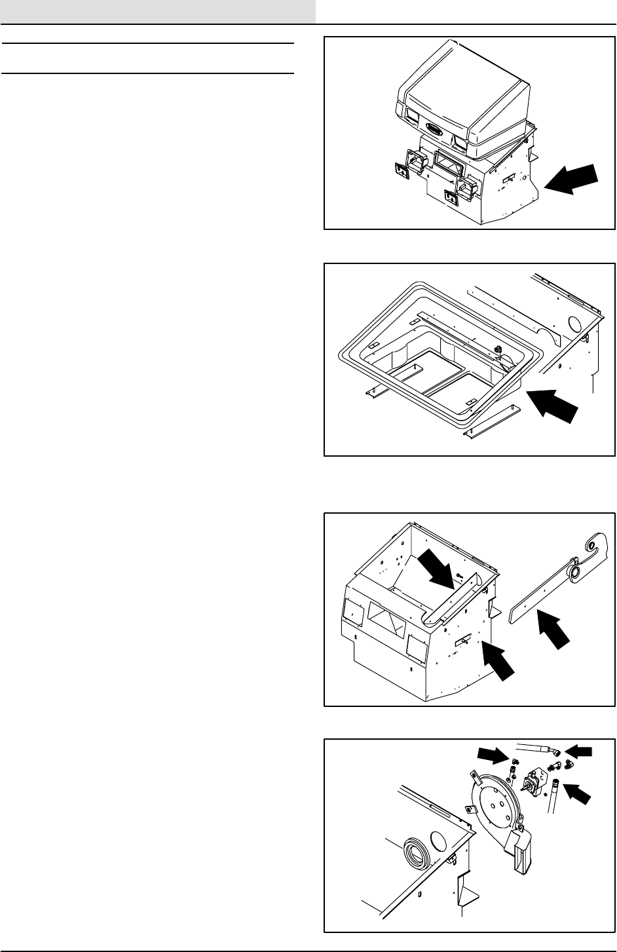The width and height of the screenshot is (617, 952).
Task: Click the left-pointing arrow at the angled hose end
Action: (578, 750)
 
